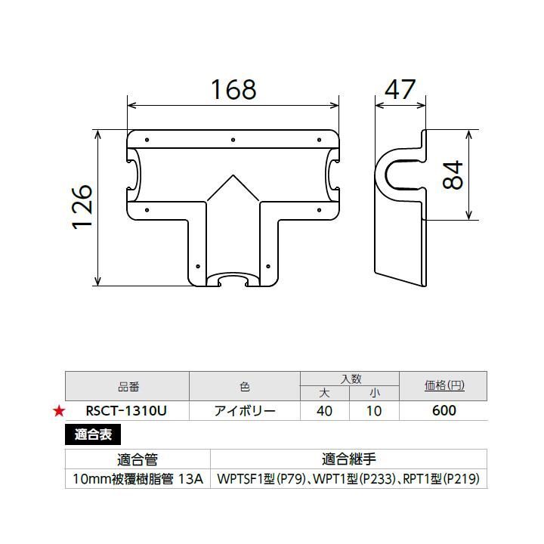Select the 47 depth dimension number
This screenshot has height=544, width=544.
(x=400, y=88)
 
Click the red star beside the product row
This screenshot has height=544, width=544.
(x=57, y=411)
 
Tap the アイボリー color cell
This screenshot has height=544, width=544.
(x=245, y=411)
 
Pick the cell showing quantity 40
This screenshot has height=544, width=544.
(x=325, y=411)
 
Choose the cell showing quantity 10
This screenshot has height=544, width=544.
(x=374, y=411)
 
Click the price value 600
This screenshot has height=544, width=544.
(x=444, y=411)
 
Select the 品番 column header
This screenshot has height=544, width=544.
(x=127, y=386)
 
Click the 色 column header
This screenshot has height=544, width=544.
(x=245, y=386)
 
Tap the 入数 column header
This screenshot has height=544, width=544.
(x=349, y=379)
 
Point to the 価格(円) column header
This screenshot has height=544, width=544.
(x=444, y=386)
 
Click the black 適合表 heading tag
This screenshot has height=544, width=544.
(x=92, y=434)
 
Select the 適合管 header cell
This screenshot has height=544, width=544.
(x=138, y=459)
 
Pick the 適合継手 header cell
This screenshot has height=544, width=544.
(x=348, y=459)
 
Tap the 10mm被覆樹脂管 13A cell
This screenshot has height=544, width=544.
(x=138, y=479)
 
